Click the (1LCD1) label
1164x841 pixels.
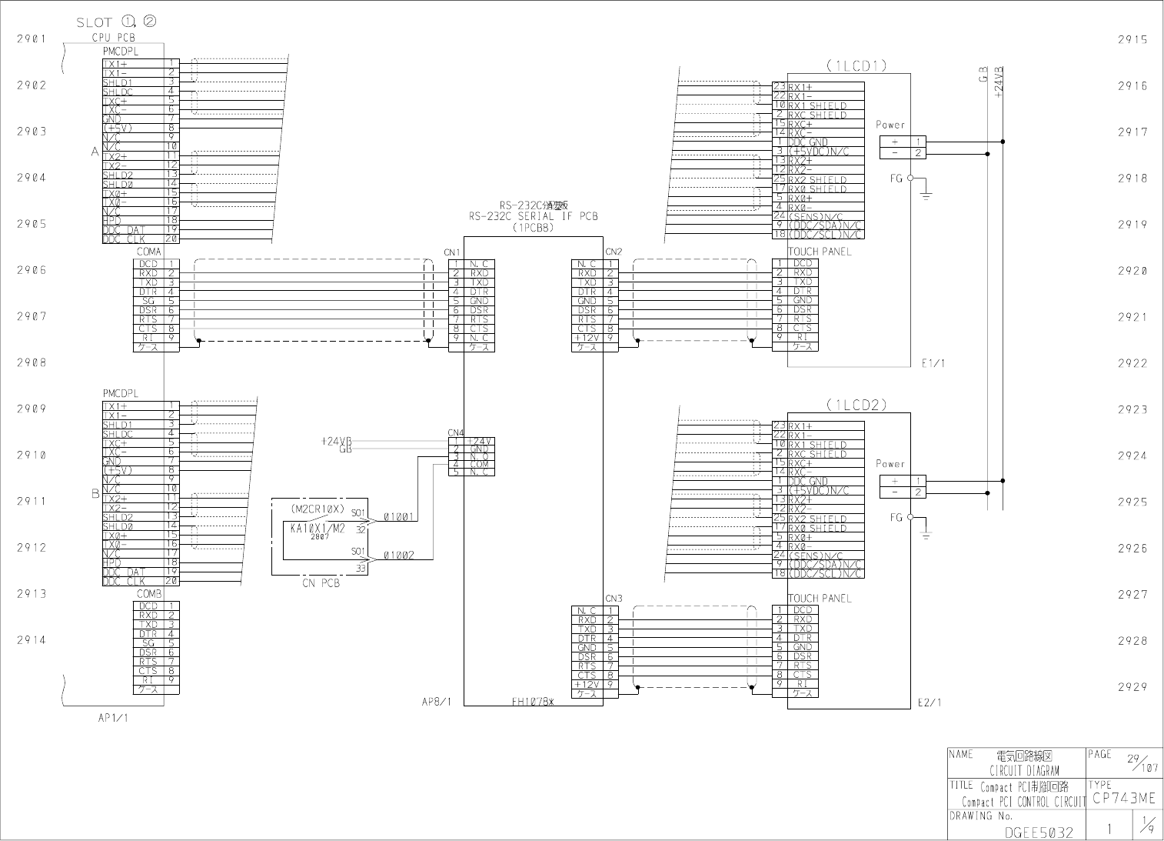tap(856, 66)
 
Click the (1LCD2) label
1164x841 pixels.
tap(856, 405)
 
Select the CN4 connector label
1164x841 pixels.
tap(456, 432)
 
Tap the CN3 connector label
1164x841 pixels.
tap(613, 599)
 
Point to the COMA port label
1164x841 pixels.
tap(149, 252)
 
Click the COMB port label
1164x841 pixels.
tap(149, 594)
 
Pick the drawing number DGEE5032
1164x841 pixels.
tap(1034, 832)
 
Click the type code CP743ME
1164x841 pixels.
tap(1123, 799)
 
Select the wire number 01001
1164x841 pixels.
tap(399, 517)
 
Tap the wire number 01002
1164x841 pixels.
tap(399, 555)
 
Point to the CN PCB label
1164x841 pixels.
tap(321, 583)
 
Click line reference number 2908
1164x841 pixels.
tap(32, 362)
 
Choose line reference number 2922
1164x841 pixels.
tap(1132, 363)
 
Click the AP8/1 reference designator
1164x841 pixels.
tap(437, 702)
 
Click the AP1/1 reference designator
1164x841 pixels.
tap(113, 718)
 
